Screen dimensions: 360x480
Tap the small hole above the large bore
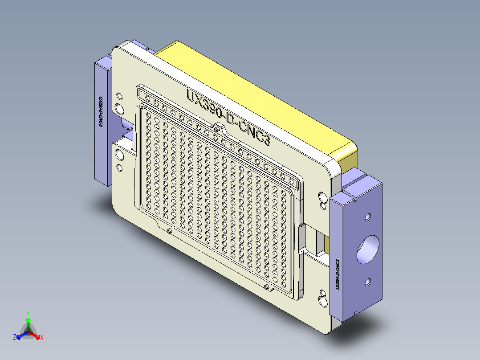[x=368, y=217]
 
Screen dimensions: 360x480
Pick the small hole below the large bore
[x=368, y=282]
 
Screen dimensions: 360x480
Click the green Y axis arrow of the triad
[x=28, y=320]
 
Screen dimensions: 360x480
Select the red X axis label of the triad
[x=42, y=338]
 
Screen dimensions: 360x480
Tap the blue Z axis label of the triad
[x=15, y=338]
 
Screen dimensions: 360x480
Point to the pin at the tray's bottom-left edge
[x=170, y=231]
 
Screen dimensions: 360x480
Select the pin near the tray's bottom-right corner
[x=266, y=286]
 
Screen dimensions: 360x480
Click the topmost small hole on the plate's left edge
[x=119, y=96]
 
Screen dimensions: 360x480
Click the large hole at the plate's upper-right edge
[x=322, y=196]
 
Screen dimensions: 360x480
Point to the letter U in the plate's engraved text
[x=190, y=97]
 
